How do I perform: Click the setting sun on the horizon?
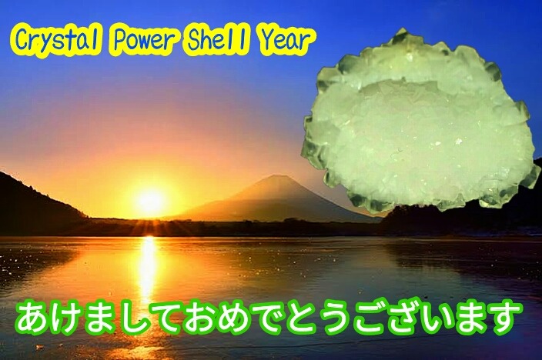tap(150, 202)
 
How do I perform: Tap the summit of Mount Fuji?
tap(274, 177)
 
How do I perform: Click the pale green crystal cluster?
tap(420, 121)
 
